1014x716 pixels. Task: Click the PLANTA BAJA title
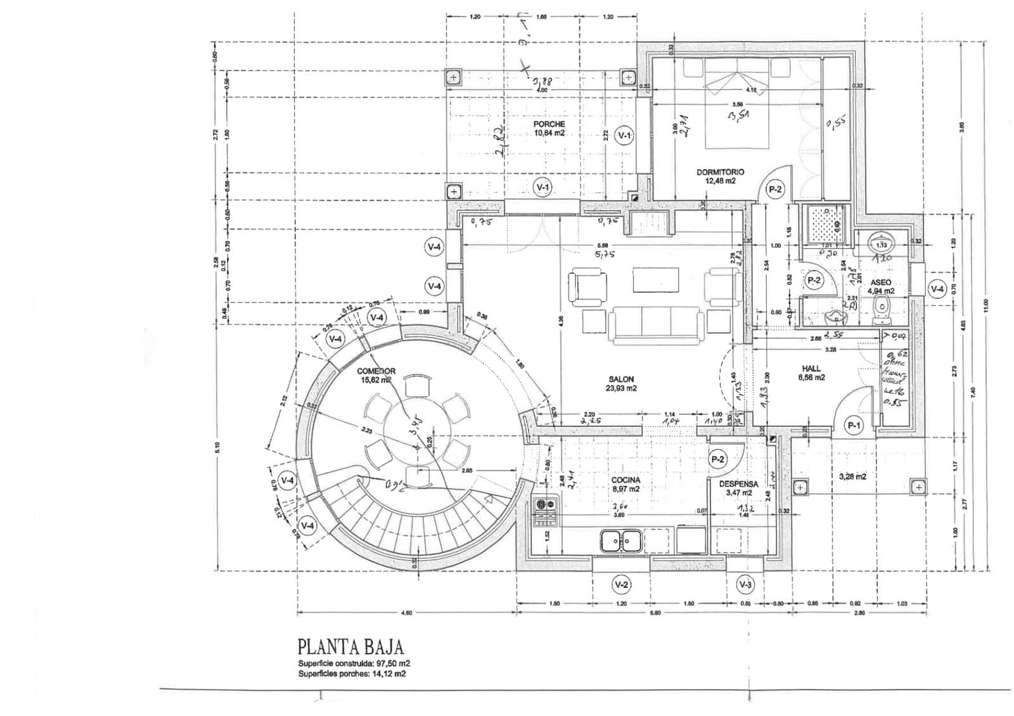pyautogui.click(x=350, y=647)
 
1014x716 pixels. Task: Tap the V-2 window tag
pyautogui.click(x=622, y=584)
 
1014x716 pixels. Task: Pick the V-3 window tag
pyautogui.click(x=746, y=584)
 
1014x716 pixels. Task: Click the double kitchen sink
pyautogui.click(x=621, y=541)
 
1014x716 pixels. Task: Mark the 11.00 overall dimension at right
pyautogui.click(x=986, y=306)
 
